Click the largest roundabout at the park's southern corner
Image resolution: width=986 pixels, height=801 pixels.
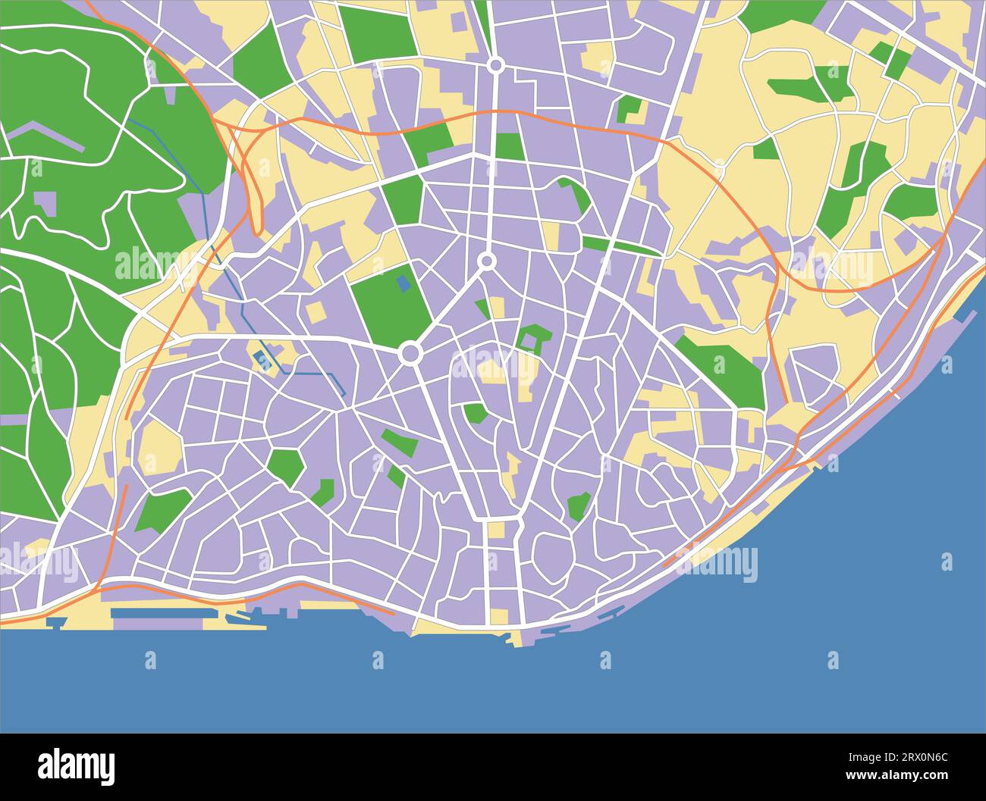410,352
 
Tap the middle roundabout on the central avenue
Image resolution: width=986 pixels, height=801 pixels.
486,261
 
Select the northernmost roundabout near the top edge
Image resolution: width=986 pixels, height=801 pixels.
496,66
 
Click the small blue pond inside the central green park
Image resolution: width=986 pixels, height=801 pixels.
404,283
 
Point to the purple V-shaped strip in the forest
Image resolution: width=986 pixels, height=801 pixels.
46,136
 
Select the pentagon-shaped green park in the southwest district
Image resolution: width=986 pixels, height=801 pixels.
286,467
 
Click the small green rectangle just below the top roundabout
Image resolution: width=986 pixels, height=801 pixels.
510,145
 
